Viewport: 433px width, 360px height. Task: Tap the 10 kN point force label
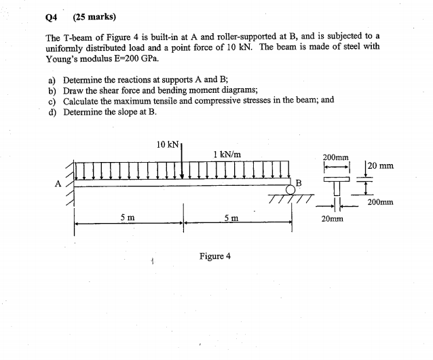point(168,144)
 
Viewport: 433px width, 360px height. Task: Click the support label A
point(58,182)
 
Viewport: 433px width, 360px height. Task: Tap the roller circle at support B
point(291,190)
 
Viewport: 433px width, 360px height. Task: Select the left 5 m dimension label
point(127,218)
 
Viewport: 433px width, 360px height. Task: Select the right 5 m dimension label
point(231,218)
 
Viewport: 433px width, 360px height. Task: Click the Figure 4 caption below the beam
point(214,256)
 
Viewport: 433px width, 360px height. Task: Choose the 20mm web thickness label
point(333,219)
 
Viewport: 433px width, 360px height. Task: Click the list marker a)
point(52,79)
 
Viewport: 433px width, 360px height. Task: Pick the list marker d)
point(52,111)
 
